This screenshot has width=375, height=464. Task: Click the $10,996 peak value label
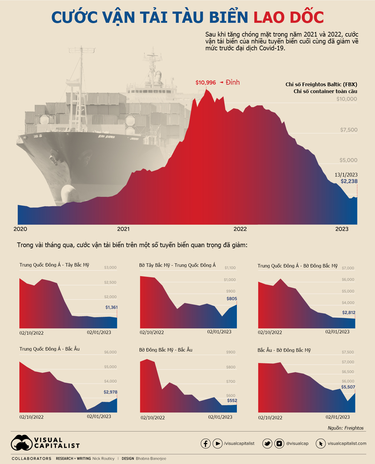206,82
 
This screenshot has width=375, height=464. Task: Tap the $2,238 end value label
349,181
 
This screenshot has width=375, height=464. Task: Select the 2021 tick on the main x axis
123,229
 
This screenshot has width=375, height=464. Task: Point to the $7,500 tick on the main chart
349,130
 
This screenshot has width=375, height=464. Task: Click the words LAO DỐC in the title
288,17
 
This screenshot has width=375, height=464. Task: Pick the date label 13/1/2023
346,175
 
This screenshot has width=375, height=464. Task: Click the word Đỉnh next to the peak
233,82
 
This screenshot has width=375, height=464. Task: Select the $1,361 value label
111,307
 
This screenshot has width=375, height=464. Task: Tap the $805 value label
232,298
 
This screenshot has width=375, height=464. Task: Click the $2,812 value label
348,312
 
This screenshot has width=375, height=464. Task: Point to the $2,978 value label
110,392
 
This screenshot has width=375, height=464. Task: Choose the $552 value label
232,400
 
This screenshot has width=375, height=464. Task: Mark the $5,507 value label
348,387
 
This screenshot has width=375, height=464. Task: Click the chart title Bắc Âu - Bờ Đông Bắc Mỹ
284,350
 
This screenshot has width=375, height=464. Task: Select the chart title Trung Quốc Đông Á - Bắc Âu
49,349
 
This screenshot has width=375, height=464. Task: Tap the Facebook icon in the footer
205,443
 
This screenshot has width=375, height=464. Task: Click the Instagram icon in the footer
279,443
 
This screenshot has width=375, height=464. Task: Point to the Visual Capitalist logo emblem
22,443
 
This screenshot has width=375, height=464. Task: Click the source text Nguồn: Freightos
345,428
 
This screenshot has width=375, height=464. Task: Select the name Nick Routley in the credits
103,458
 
